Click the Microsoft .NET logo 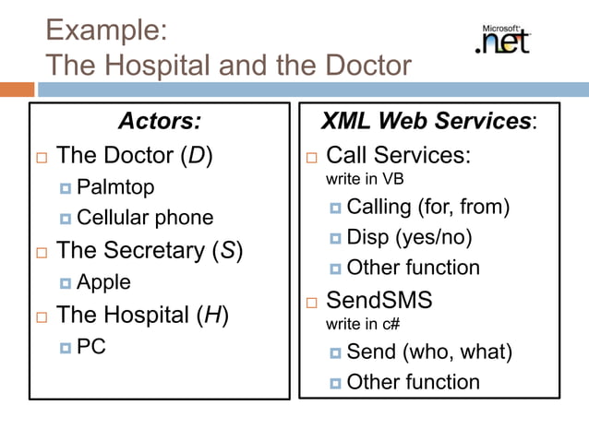(x=502, y=38)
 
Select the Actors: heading (x=159, y=121)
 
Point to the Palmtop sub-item (x=115, y=187)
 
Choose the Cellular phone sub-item (x=145, y=218)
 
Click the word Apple (x=103, y=282)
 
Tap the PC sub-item (x=91, y=348)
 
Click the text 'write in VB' (x=365, y=179)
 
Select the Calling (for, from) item (x=427, y=207)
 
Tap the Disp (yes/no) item (x=409, y=237)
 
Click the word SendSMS (x=379, y=301)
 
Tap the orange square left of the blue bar (x=17, y=89)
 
